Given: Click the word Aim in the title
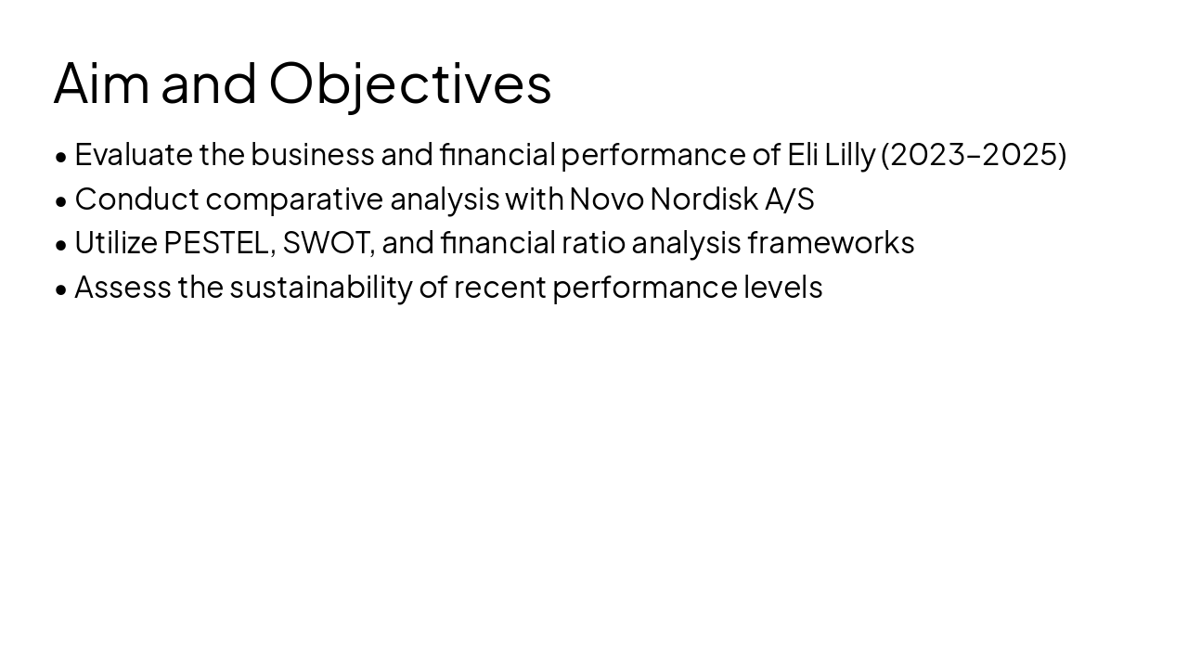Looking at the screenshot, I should point(101,83).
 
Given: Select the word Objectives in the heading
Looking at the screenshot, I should point(410,83).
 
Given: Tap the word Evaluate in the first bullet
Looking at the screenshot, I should point(134,154).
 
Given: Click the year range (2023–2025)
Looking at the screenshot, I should point(974,154).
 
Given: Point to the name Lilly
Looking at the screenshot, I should point(849,154).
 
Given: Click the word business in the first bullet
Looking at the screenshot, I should point(313,154).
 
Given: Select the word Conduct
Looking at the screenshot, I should point(136,199).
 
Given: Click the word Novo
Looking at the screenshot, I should point(606,199).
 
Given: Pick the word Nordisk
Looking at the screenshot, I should point(704,199).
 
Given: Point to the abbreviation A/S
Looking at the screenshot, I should point(790,199).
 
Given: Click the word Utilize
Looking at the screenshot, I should point(116,243).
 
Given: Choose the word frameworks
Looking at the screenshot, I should point(831,243).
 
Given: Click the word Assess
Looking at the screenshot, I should point(123,288).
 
